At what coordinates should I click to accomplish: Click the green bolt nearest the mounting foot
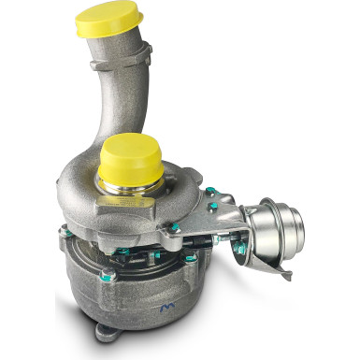click(x=108, y=277)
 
